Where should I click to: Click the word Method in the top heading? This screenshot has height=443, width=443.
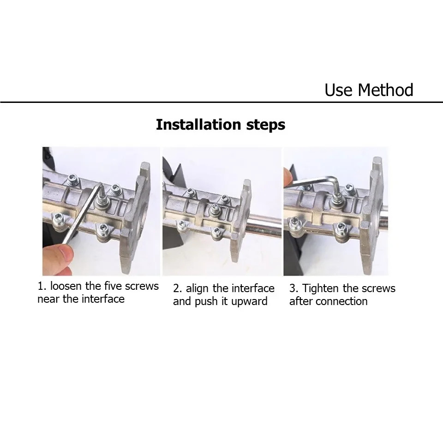(385, 90)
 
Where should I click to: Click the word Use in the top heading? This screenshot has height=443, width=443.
(339, 90)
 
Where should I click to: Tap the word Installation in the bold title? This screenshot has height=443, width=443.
(198, 124)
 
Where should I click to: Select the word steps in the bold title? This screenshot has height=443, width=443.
(266, 125)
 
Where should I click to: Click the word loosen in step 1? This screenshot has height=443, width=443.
(66, 286)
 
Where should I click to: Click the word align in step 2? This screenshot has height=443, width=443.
(198, 289)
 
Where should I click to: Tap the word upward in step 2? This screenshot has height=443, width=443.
(249, 302)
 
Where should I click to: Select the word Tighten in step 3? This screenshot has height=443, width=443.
(321, 289)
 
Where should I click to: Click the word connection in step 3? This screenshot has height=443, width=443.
(341, 301)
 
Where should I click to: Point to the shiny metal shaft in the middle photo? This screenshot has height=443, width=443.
(263, 225)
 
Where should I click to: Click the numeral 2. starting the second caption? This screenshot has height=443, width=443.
(177, 289)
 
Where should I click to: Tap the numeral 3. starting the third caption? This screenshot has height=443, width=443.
(293, 289)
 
